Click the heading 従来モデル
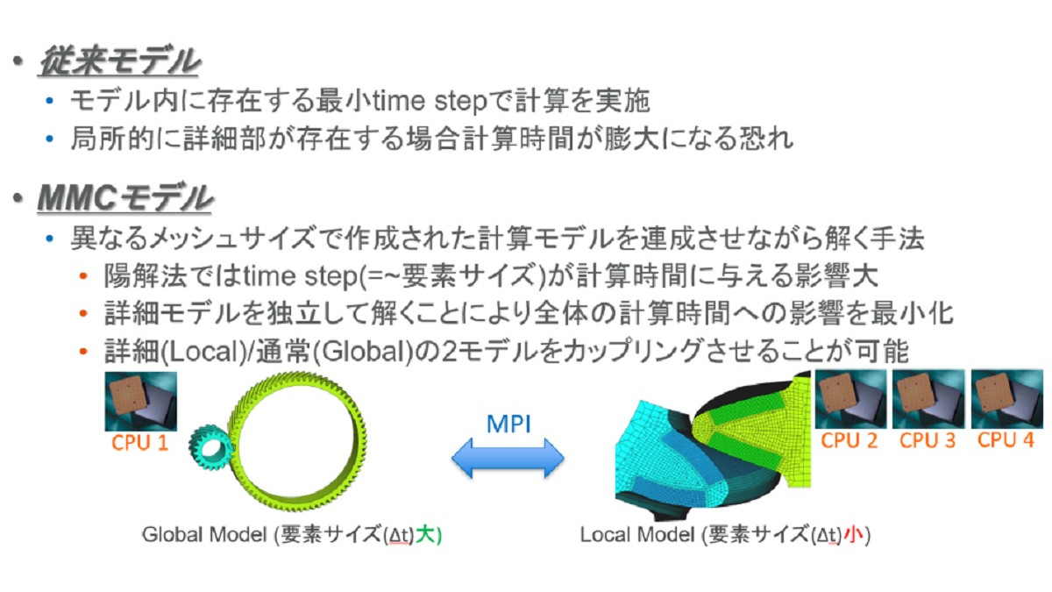[x=119, y=61]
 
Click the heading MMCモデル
[x=124, y=198]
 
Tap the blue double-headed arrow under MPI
[x=508, y=458]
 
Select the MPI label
[x=508, y=424]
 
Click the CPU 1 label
[x=139, y=443]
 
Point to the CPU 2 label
[x=849, y=440]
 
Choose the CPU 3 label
[x=928, y=440]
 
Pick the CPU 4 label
[x=1006, y=440]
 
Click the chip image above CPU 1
[x=141, y=402]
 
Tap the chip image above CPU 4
[x=1007, y=399]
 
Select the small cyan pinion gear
[x=211, y=449]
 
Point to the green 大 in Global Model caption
[x=424, y=535]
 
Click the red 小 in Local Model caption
[x=853, y=535]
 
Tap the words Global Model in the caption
[x=204, y=535]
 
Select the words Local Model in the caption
[x=637, y=535]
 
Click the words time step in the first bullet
[x=430, y=101]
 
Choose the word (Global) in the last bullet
[x=363, y=352]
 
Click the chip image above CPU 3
[x=928, y=399]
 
